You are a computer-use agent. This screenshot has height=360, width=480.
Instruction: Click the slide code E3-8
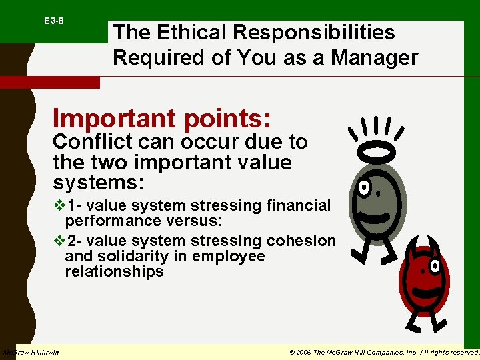[x=54, y=21]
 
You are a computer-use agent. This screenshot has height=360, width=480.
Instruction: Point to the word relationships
[x=114, y=272]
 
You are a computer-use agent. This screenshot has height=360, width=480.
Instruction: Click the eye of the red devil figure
[x=435, y=267]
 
